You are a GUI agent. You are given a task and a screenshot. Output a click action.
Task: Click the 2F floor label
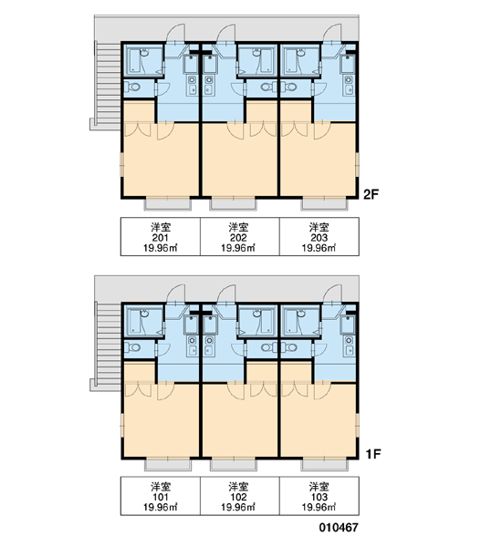[x=371, y=194]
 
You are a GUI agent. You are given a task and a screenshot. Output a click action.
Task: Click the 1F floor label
[x=372, y=454]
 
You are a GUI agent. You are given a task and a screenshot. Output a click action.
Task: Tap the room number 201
[x=161, y=238]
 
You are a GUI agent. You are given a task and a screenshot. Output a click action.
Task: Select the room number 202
[x=238, y=238]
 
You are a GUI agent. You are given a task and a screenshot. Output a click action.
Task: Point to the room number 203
[x=319, y=238]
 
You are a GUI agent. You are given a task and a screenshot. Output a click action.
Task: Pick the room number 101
[x=161, y=497]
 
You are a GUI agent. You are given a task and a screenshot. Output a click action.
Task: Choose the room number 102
[x=238, y=497]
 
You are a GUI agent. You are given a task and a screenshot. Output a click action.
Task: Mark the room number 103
[x=319, y=497]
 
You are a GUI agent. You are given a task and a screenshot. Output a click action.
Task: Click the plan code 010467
[x=339, y=528]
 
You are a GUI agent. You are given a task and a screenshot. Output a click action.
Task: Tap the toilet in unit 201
[x=133, y=87]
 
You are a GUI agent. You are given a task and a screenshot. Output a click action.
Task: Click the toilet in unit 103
[x=289, y=347]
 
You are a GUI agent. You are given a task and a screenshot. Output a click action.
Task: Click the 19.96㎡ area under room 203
[x=319, y=248]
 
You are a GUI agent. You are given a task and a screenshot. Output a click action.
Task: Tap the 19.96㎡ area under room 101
[x=161, y=507]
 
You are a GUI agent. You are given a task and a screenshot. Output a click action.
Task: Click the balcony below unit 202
[x=233, y=203]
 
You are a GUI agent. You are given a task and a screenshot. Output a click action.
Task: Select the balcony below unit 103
[x=325, y=465]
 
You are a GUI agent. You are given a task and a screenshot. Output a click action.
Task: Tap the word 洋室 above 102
[x=238, y=486]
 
